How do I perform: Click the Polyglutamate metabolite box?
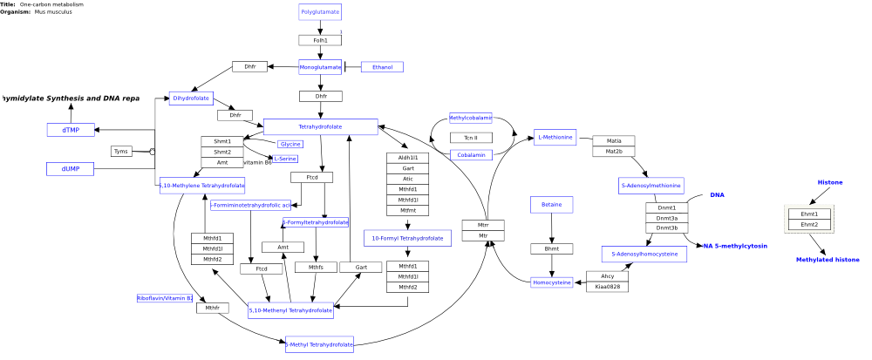320,12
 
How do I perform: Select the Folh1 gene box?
320,40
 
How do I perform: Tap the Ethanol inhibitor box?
382,67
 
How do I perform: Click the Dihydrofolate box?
191,98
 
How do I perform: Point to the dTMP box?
71,130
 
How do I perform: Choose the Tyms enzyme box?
121,152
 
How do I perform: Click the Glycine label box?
290,144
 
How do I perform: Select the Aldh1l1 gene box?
407,158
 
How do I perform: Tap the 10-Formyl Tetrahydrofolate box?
407,238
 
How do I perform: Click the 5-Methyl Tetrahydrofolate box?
319,345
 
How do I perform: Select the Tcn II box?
471,138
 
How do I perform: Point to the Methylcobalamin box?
471,118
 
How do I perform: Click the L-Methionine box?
555,137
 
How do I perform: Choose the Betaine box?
551,204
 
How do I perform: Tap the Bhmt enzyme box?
551,249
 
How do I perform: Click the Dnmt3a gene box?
666,218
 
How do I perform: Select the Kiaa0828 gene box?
607,287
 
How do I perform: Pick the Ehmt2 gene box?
809,224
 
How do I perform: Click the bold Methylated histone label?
828,260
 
